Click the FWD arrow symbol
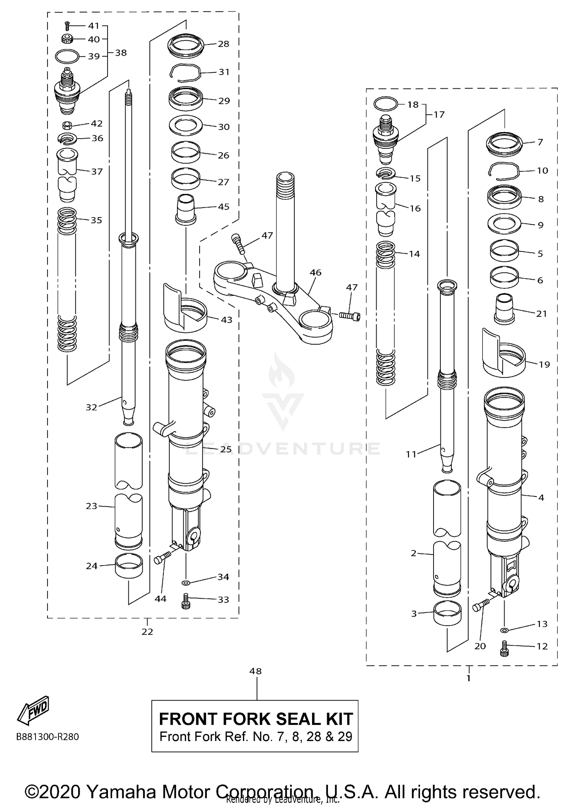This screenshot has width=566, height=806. tap(33, 710)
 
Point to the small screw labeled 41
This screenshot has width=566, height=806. tap(67, 25)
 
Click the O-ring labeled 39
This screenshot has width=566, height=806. tap(67, 57)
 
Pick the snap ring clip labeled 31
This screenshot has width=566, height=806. tap(184, 72)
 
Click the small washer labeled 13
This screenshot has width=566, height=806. tap(504, 630)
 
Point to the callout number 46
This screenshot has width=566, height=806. tap(315, 272)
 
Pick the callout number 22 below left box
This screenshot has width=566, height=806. tap(147, 632)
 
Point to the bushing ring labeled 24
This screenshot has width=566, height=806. tap(129, 565)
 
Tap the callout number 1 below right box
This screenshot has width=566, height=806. tap(469, 678)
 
